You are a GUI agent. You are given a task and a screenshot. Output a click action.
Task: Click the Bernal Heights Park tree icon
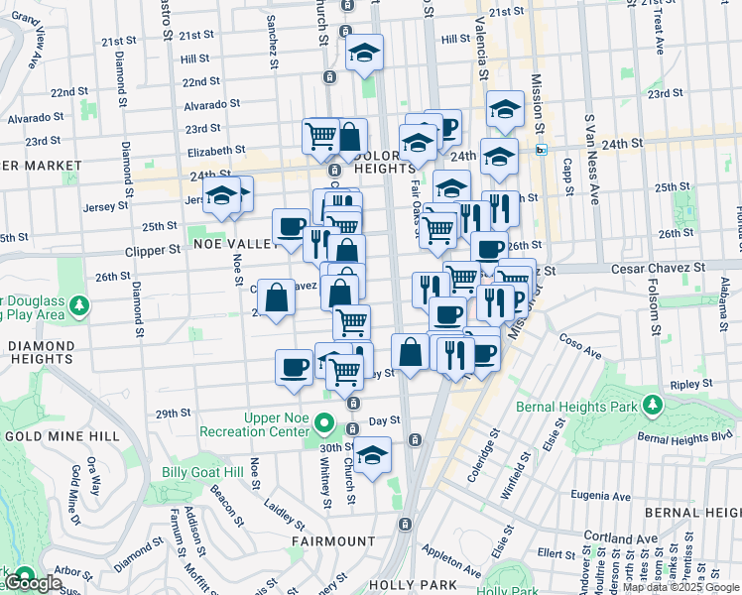click(652, 404)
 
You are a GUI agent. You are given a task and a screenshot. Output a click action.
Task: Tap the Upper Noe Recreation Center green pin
click(323, 425)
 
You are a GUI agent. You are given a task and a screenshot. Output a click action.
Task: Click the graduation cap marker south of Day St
click(372, 456)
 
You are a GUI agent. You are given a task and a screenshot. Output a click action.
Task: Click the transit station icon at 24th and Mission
click(541, 150)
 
